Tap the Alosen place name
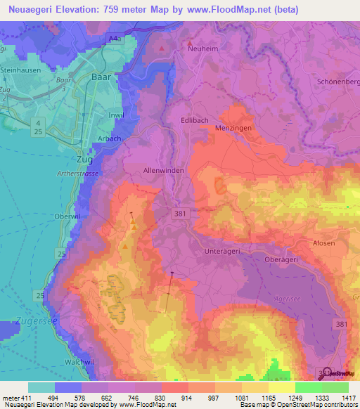(x=323, y=242)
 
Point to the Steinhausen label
(x=20, y=70)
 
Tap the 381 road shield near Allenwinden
(x=181, y=212)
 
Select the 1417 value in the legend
(x=349, y=398)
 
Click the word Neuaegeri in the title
(x=34, y=10)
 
